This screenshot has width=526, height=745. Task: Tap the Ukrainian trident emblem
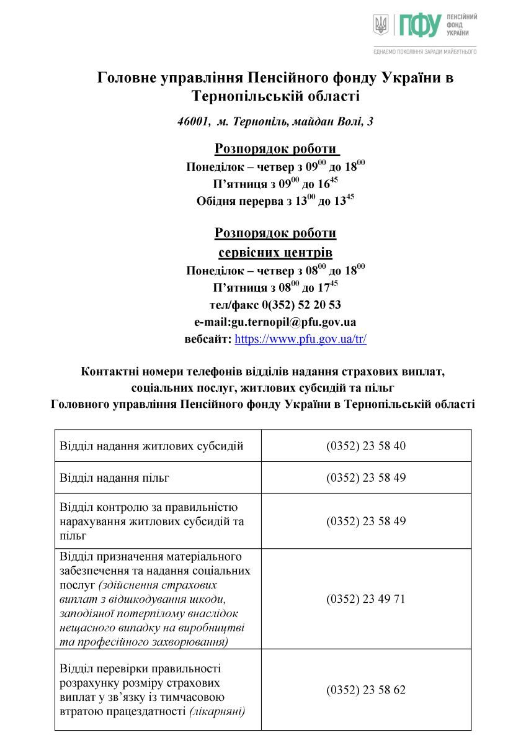pyautogui.click(x=381, y=25)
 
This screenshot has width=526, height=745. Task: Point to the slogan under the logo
pyautogui.click(x=425, y=52)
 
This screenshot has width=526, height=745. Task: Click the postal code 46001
pyautogui.click(x=192, y=122)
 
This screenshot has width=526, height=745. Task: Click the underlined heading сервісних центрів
pyautogui.click(x=275, y=253)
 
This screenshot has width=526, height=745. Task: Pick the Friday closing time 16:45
pyautogui.click(x=330, y=184)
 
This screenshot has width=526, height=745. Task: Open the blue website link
pyautogui.click(x=301, y=340)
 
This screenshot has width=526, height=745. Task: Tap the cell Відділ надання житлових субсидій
pyautogui.click(x=151, y=446)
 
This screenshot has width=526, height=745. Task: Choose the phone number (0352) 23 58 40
pyautogui.click(x=366, y=446)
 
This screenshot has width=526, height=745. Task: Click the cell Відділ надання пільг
pyautogui.click(x=115, y=478)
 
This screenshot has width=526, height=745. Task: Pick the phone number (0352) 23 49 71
pyautogui.click(x=366, y=599)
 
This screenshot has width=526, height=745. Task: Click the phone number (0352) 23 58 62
pyautogui.click(x=366, y=690)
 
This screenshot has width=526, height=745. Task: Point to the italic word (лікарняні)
pyautogui.click(x=217, y=711)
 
